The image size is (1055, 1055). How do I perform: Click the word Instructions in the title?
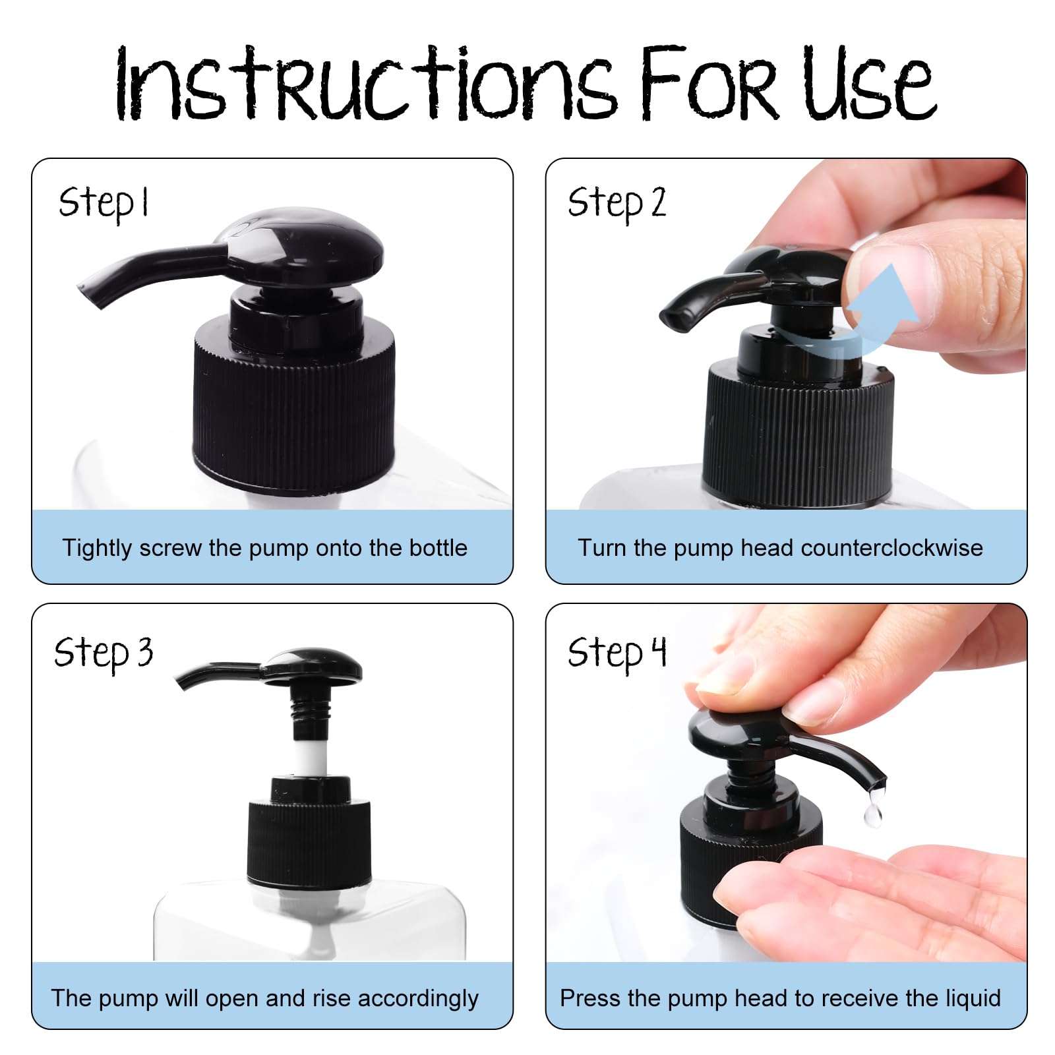(x=367, y=84)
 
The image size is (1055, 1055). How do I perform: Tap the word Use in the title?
(x=870, y=84)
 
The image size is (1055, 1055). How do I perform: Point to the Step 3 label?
(x=104, y=653)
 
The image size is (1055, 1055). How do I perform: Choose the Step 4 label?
(x=617, y=653)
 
